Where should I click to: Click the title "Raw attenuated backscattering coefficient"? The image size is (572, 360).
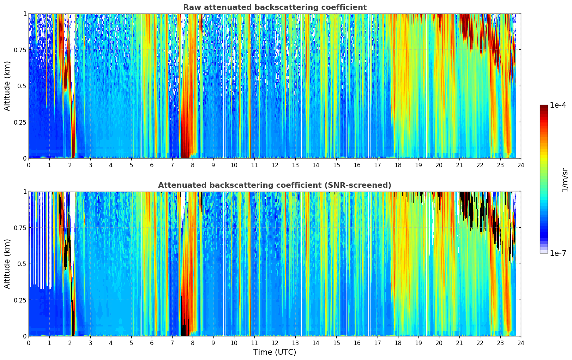click(x=275, y=7)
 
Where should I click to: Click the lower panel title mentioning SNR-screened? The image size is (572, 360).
click(x=275, y=185)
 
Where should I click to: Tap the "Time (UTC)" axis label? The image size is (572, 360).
click(x=275, y=352)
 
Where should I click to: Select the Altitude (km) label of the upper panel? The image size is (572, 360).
click(x=7, y=86)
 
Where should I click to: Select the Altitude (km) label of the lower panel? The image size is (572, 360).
click(x=7, y=264)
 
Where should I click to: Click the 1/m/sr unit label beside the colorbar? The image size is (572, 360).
click(x=565, y=180)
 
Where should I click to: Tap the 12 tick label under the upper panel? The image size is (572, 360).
click(x=275, y=165)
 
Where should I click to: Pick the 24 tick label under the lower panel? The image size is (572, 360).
click(x=521, y=343)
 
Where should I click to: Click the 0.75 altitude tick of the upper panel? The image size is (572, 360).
click(x=20, y=50)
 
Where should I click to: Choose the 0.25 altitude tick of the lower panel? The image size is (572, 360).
click(x=20, y=300)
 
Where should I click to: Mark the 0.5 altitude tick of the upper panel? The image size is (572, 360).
click(x=22, y=86)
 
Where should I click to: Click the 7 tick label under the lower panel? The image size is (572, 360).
click(x=172, y=343)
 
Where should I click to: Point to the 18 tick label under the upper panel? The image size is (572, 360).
click(x=398, y=165)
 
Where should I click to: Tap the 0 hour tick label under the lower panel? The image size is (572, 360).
click(x=29, y=343)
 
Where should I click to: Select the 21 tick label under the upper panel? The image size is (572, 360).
click(x=459, y=165)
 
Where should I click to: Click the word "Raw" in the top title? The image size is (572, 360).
click(x=191, y=7)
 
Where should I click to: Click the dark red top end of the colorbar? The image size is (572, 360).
click(x=543, y=107)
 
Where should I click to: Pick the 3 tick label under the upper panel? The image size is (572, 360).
click(x=90, y=165)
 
